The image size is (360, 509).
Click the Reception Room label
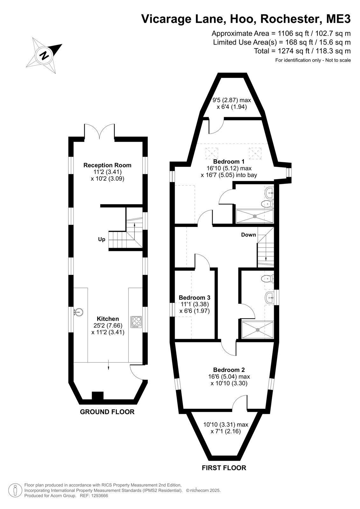(107, 165)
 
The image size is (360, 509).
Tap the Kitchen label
(108, 319)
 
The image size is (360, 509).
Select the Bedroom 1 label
(229, 162)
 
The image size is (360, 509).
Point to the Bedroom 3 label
(194, 297)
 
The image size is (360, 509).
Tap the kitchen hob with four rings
(136, 322)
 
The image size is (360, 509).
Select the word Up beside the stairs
(102, 240)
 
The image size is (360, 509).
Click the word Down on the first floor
(249, 235)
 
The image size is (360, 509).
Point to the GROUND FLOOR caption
(107, 412)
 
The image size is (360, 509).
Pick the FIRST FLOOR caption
(224, 468)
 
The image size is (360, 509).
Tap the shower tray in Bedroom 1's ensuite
(255, 216)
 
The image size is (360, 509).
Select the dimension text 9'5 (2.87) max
(231, 100)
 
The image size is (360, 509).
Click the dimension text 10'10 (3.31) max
(226, 424)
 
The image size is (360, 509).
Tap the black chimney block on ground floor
(98, 396)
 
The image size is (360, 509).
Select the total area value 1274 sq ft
(293, 51)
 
